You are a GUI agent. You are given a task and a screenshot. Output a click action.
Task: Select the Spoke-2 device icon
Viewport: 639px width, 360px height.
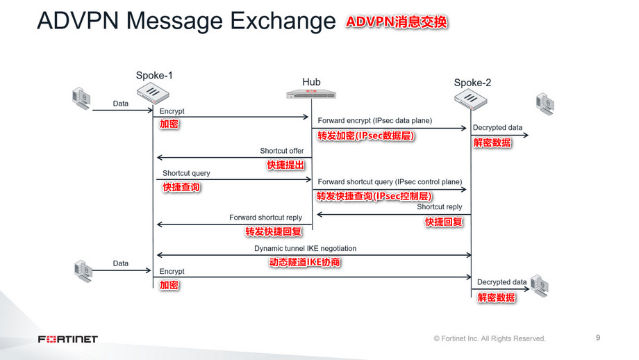tap(472, 99)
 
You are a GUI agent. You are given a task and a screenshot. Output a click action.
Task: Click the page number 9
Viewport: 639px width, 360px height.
tap(598, 338)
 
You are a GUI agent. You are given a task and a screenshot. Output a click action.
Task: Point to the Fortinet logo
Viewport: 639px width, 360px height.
tap(68, 339)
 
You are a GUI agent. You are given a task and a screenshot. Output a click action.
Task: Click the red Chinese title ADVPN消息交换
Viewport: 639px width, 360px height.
tap(397, 22)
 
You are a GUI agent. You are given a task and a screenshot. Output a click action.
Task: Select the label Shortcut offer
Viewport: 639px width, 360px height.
tap(282, 151)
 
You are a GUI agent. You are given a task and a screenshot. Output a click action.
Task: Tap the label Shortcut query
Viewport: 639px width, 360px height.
tap(186, 173)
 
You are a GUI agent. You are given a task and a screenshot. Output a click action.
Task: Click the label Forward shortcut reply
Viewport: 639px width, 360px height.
tap(266, 218)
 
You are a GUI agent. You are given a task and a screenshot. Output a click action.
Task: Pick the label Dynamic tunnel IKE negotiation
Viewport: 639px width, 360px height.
tap(305, 248)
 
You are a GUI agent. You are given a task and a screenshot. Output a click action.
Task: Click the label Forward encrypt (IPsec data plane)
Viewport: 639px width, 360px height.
tap(375, 121)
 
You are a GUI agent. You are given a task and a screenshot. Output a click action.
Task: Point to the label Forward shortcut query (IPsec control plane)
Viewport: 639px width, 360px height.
tap(390, 182)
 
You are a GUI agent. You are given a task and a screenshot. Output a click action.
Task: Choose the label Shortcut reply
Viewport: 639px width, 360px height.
tap(440, 207)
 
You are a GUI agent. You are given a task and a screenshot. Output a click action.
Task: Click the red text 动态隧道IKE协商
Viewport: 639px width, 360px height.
tap(305, 263)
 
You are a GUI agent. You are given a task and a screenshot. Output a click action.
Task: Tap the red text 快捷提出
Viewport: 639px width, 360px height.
tap(285, 165)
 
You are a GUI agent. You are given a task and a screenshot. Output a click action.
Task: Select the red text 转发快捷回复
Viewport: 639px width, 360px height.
tap(273, 231)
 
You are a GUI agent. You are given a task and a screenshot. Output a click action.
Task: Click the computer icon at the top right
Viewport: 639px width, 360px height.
tap(544, 102)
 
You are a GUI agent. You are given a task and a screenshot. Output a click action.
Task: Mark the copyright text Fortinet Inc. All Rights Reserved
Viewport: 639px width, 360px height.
tap(490, 338)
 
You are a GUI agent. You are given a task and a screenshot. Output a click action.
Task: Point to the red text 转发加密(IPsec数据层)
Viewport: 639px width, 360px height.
tap(366, 136)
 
